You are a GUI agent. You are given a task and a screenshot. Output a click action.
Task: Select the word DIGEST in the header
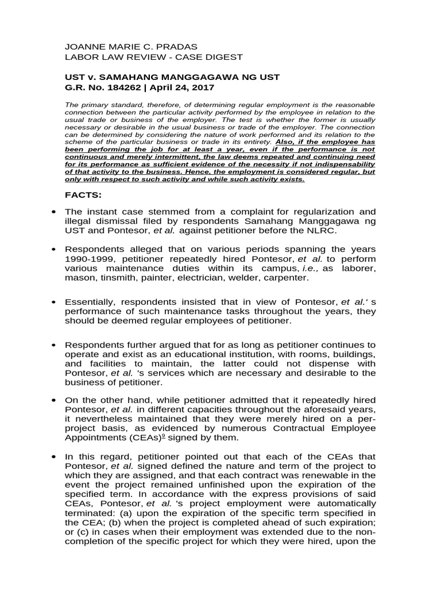tap(225, 57)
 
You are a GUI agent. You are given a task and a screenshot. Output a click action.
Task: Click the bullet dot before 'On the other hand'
tap(53, 399)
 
